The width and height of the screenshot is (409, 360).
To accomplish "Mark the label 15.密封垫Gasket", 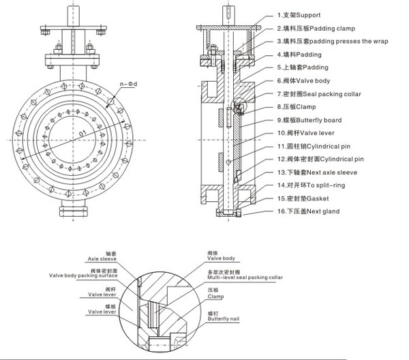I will coord(303,198).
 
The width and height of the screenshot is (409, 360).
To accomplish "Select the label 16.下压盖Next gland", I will coord(307,211).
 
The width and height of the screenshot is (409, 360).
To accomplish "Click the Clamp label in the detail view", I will coord(216,294).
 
